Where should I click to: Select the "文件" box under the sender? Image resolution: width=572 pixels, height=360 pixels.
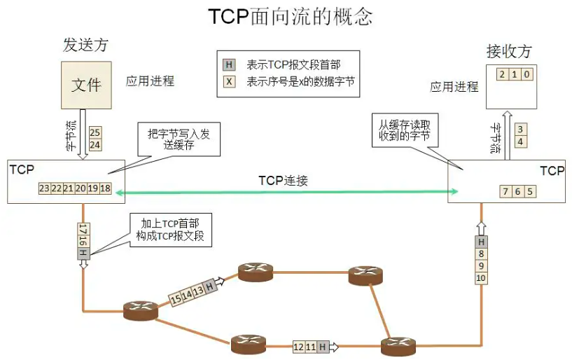pos(86,85)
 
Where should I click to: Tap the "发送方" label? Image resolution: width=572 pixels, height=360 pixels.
pos(86,46)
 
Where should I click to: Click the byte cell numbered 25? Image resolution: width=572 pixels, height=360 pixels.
pos(95,132)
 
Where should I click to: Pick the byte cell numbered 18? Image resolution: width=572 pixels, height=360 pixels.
pos(106,189)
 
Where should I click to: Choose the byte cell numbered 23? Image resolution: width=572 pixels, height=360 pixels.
pos(44,189)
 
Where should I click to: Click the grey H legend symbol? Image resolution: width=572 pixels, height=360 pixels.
pos(229,64)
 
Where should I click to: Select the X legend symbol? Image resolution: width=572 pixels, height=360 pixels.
pos(229,81)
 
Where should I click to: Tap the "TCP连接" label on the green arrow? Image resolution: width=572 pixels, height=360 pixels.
pos(284,181)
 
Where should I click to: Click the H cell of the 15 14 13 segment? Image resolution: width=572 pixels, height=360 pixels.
pos(209,285)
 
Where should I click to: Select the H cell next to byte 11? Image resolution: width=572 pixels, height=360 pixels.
pos(322,346)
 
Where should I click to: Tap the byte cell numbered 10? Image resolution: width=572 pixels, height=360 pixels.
pos(481,279)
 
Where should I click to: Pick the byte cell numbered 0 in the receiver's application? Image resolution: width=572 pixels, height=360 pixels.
pos(526,74)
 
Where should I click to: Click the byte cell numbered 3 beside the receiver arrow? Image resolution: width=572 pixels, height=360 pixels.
pos(519,130)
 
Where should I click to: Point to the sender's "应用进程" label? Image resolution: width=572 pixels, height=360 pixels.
pos(150,81)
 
